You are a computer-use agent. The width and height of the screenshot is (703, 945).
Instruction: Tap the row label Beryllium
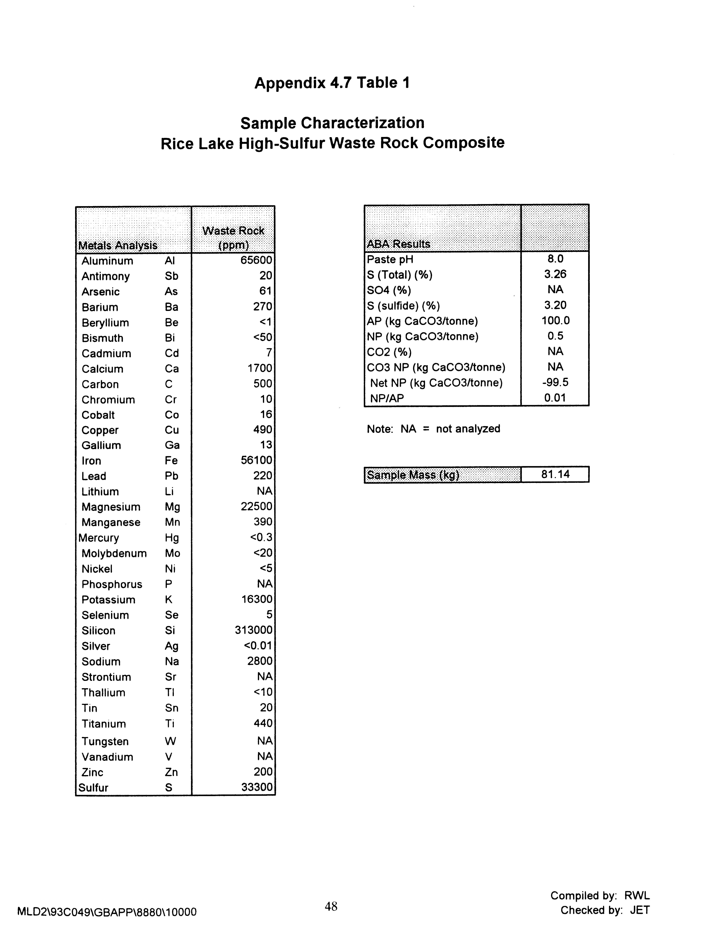pos(105,323)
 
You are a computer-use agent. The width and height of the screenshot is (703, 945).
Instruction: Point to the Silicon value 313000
pos(253,630)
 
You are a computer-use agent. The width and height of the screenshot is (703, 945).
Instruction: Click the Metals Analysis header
pos(118,246)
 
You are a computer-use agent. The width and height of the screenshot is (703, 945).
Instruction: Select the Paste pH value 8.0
pos(555,259)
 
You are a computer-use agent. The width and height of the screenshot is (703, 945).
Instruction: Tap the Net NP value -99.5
pos(555,382)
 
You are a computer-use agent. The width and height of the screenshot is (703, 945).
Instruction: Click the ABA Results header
pos(398,244)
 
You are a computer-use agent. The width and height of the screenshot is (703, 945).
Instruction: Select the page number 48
pos(331,907)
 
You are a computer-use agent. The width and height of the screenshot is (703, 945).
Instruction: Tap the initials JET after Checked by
pos(640,910)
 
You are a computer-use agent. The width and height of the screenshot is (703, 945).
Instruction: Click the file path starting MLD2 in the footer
pos(107,912)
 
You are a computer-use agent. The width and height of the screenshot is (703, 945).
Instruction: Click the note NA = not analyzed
pos(433,429)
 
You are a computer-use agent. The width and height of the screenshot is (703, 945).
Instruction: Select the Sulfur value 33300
pos(257,787)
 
